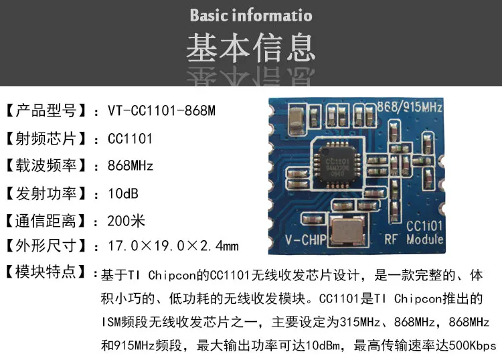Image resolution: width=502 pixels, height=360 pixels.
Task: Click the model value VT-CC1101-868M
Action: click(x=161, y=110)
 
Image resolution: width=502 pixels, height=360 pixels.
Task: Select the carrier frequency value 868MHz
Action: click(x=131, y=165)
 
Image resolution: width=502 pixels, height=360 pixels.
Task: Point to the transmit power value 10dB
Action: click(x=123, y=193)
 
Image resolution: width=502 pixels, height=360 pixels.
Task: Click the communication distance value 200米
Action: click(x=127, y=220)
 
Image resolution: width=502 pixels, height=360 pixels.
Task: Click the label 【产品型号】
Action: click(x=45, y=110)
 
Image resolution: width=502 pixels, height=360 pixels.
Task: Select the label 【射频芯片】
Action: click(x=45, y=139)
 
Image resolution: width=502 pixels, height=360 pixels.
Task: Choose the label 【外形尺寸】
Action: click(x=45, y=246)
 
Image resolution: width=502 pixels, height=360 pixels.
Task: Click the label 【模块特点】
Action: click(x=45, y=273)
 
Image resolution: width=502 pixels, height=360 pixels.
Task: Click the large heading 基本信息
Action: click(x=250, y=47)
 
